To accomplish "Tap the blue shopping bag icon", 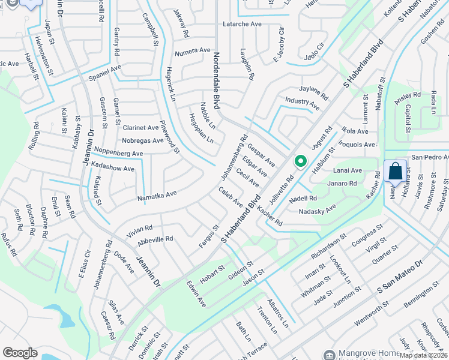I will click(396, 171).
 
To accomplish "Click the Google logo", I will click(20, 353).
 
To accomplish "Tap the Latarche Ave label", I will click(243, 24).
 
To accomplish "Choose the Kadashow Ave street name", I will click(113, 169).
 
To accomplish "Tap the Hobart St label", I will click(212, 273).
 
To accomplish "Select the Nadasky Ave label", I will click(317, 211).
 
